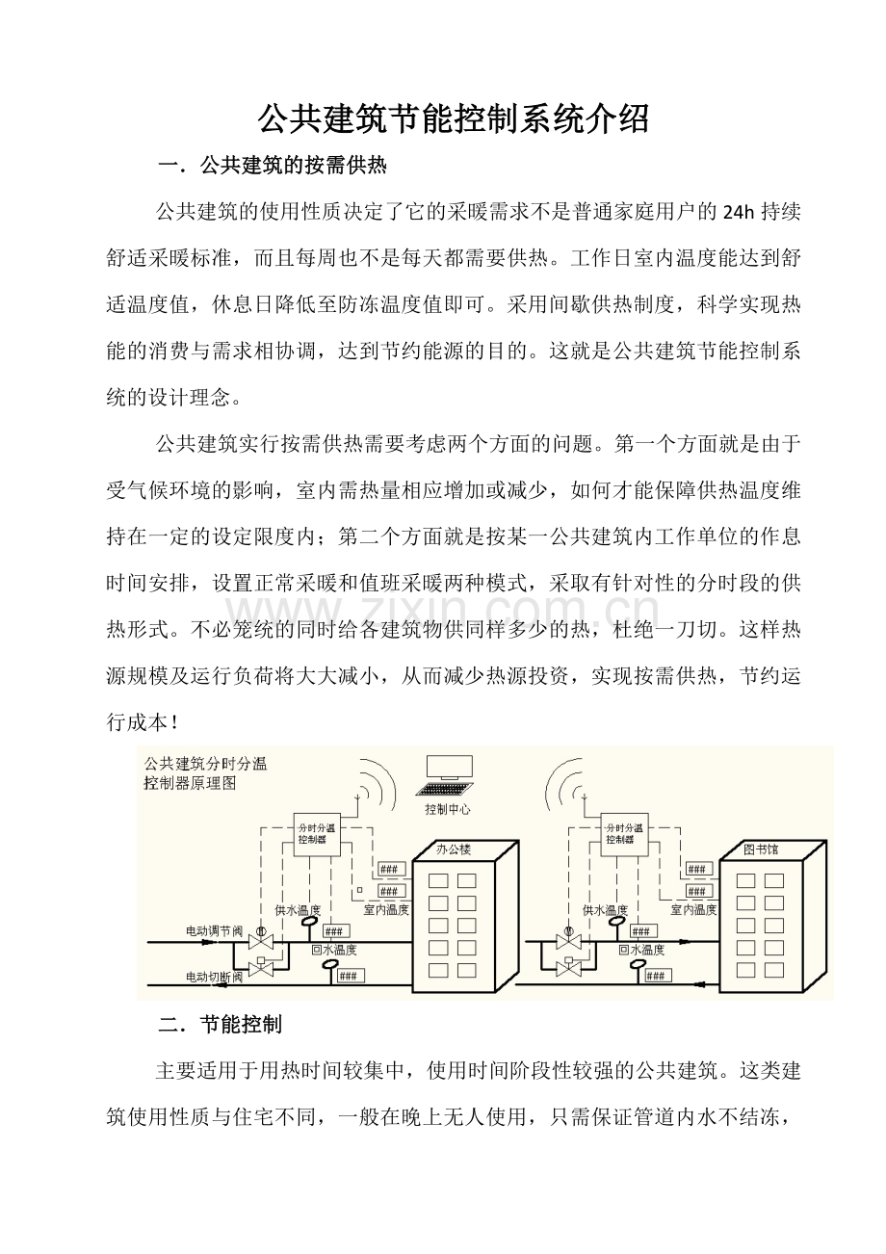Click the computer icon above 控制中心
coord(445,776)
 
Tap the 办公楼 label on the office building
coord(454,849)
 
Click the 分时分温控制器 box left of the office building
coord(317,834)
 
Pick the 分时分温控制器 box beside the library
coord(625,834)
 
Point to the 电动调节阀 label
coord(215,931)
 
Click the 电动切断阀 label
coord(215,977)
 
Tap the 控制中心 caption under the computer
coord(448,809)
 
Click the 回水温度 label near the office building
coord(333,950)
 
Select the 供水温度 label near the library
coord(605,910)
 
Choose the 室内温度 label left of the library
coord(693,910)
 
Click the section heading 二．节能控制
coord(220,1025)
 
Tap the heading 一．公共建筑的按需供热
coord(273,166)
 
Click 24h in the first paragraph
coord(739,213)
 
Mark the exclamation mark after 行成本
coord(175,723)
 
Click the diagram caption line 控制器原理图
coord(191,783)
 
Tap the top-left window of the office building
coord(438,880)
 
